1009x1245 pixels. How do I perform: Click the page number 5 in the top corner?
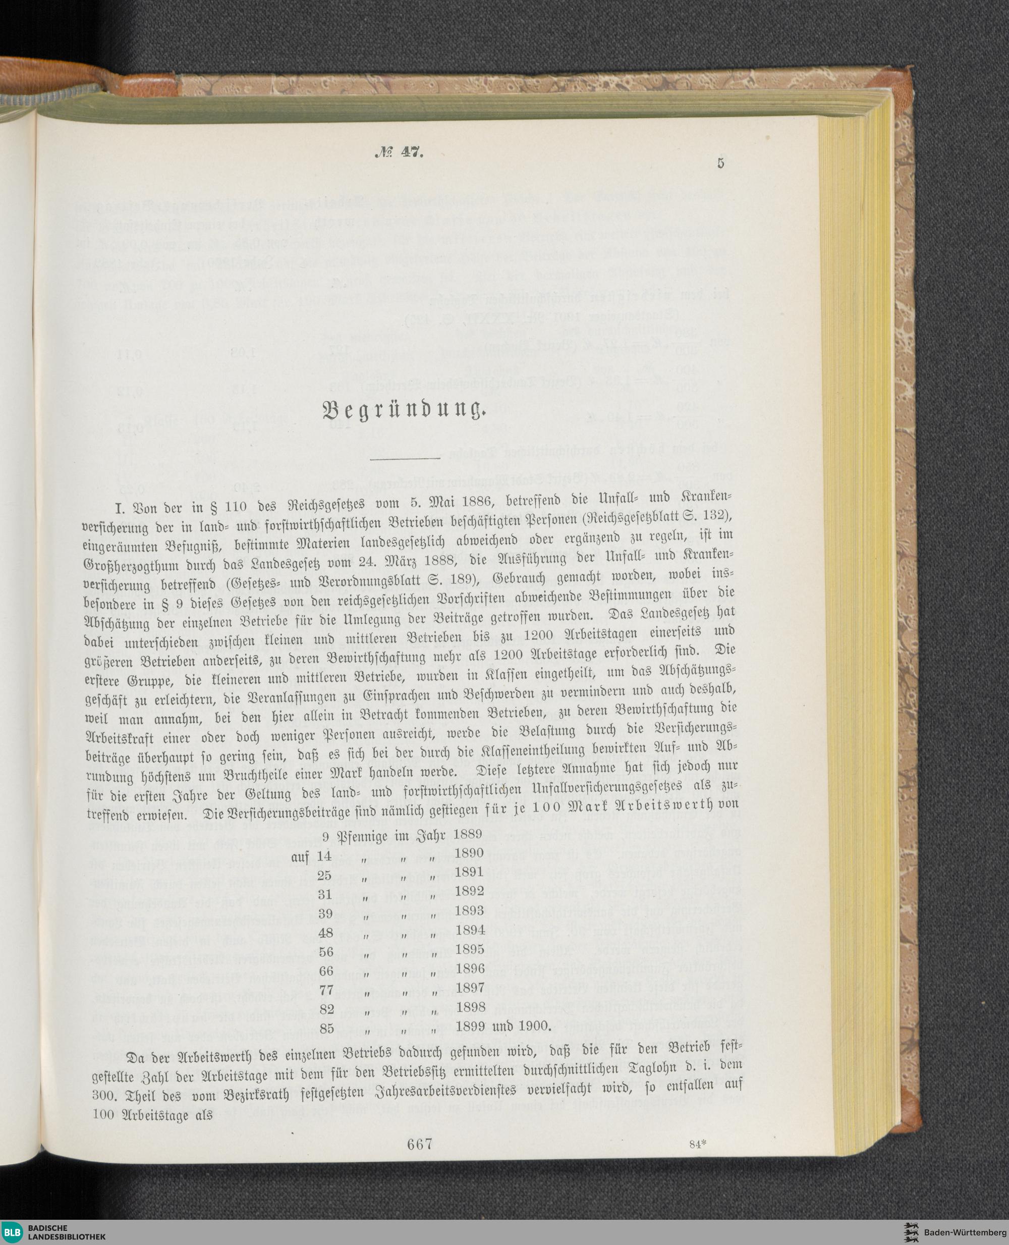pos(721,164)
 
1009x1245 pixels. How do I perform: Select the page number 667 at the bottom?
pos(420,1145)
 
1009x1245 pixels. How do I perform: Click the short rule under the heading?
pos(405,459)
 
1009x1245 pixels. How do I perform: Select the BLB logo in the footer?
pos(12,1230)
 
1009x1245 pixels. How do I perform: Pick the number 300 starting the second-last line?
pos(105,1096)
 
